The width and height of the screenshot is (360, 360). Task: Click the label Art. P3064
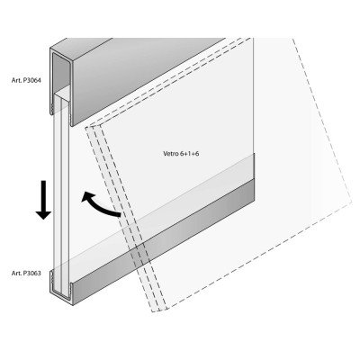[x=26, y=80]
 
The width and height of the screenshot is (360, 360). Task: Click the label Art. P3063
[x=26, y=273]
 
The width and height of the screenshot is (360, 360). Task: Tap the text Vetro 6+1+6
[x=181, y=154]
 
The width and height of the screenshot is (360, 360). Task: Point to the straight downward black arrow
[x=43, y=200]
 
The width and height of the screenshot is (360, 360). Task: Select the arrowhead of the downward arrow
[x=43, y=215]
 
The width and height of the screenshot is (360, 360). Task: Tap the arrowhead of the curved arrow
[x=86, y=197]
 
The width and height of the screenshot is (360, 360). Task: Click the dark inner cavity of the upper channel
[x=61, y=72]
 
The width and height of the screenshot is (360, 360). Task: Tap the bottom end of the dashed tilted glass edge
[x=159, y=310]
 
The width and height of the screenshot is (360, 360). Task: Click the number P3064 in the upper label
[x=31, y=80]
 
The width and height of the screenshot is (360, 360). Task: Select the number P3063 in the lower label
[x=31, y=273]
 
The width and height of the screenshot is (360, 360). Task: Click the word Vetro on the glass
[x=169, y=154]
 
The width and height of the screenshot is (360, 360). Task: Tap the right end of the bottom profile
[x=255, y=190]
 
